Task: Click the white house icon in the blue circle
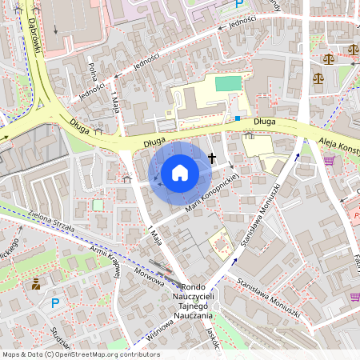[x=180, y=172]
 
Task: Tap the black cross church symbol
[x=212, y=158]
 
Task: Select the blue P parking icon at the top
[x=238, y=5]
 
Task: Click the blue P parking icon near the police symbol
[x=55, y=303]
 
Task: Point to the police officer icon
[x=35, y=284]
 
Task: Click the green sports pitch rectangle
[x=228, y=83]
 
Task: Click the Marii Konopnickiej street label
[x=212, y=193]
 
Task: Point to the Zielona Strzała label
[x=51, y=222]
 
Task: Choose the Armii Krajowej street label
[x=105, y=260]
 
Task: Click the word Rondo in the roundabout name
[x=194, y=287]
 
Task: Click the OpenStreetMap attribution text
[x=80, y=354]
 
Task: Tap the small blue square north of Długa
[x=238, y=118]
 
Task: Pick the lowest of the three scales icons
[x=319, y=78]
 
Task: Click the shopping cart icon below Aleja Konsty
[x=329, y=161]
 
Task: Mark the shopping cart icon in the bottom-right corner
[x=354, y=297]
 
